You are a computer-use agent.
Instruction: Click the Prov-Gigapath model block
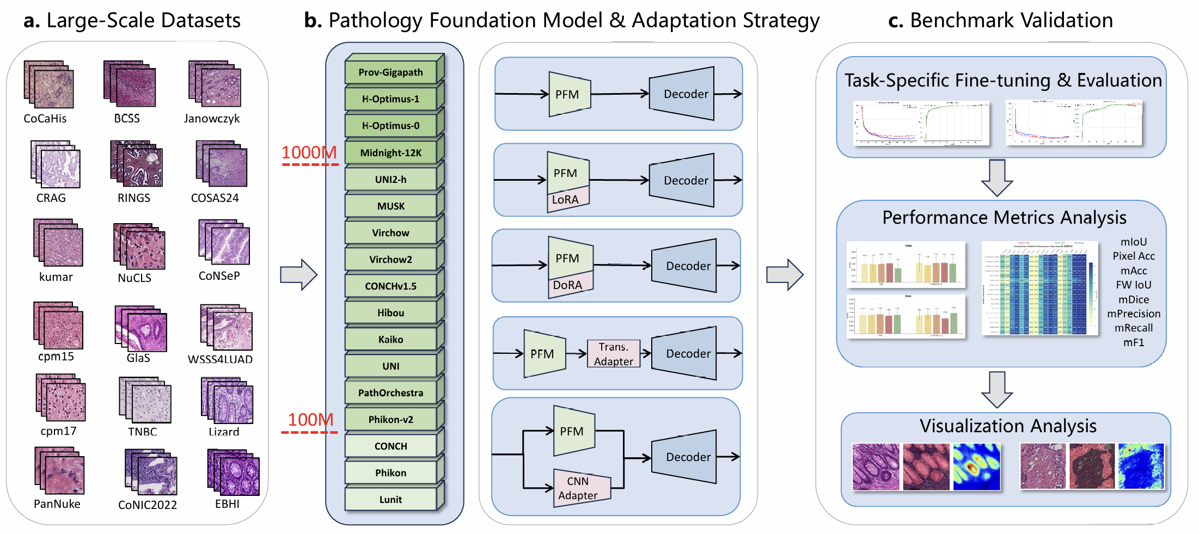tap(391, 72)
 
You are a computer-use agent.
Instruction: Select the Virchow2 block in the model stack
tap(391, 259)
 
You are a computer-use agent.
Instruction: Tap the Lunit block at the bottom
tap(391, 499)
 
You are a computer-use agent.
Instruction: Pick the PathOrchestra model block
tap(391, 392)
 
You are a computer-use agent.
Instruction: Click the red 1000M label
tap(309, 152)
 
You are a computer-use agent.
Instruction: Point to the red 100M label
tap(310, 420)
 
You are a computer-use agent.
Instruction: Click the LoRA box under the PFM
tap(566, 199)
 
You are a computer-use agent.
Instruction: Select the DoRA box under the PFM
tap(568, 285)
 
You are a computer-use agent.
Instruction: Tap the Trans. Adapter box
tap(613, 354)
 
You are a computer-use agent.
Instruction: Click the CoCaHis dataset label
tap(45, 119)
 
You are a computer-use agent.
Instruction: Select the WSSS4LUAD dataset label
tap(220, 359)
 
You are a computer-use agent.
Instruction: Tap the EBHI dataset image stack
tap(233, 472)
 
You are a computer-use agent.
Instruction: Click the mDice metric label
tap(1133, 299)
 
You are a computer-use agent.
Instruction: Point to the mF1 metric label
tap(1133, 342)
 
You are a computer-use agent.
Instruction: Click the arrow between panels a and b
tap(298, 274)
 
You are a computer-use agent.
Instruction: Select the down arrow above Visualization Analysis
tap(996, 389)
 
